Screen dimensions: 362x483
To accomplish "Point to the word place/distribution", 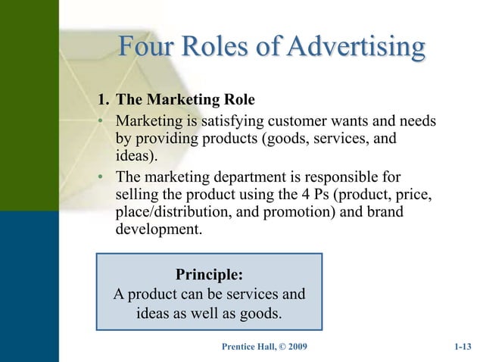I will pyautogui.click(x=179, y=214).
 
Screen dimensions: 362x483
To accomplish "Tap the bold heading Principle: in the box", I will pyautogui.click(x=209, y=273).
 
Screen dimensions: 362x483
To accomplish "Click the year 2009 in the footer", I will pyautogui.click(x=294, y=348).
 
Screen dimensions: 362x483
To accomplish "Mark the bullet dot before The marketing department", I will pyautogui.click(x=100, y=179).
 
